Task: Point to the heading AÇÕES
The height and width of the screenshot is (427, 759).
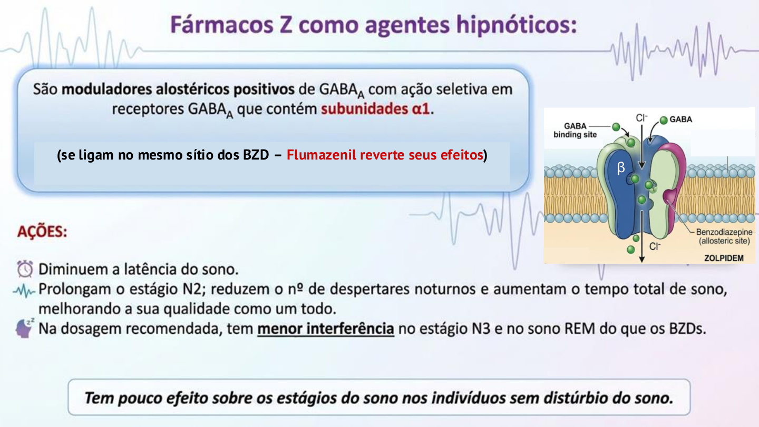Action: pyautogui.click(x=42, y=232)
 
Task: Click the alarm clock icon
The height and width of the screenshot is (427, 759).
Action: pyautogui.click(x=25, y=269)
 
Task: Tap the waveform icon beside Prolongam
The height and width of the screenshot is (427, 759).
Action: pyautogui.click(x=25, y=290)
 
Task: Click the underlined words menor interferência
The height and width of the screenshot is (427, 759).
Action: pyautogui.click(x=326, y=329)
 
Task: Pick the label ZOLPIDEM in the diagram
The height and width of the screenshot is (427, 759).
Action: pyautogui.click(x=724, y=258)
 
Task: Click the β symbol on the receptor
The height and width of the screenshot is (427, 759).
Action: pyautogui.click(x=620, y=168)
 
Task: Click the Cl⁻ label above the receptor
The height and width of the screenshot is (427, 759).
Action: pyautogui.click(x=641, y=118)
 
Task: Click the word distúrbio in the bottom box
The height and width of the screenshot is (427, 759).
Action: pyautogui.click(x=566, y=398)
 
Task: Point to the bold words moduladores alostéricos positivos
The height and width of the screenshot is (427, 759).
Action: pyautogui.click(x=178, y=89)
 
